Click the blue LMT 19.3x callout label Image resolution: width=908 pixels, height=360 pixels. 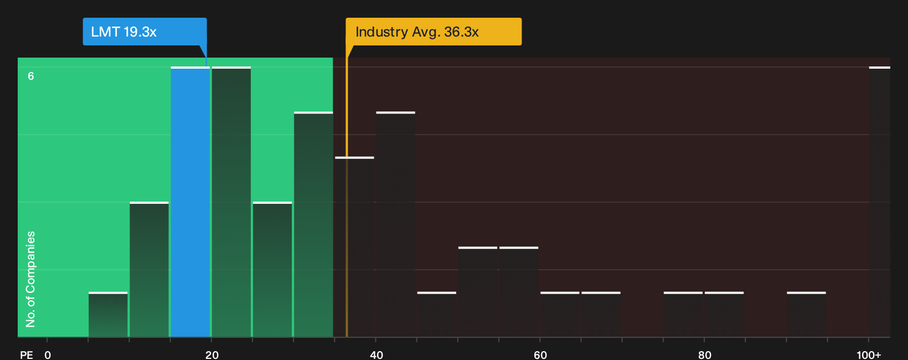point(145,32)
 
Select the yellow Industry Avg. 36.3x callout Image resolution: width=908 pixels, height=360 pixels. point(434,32)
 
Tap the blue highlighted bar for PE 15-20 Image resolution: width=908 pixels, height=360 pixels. point(190,202)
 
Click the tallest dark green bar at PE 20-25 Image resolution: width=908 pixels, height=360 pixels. point(231,202)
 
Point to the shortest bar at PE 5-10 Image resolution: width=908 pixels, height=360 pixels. point(108,314)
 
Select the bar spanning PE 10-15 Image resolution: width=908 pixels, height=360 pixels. point(149,269)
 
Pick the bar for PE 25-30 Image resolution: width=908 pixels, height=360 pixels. point(272,269)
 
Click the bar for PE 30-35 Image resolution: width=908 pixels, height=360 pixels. point(313,224)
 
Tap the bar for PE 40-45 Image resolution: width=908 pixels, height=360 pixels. point(396,224)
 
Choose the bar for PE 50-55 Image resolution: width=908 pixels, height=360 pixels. point(478,291)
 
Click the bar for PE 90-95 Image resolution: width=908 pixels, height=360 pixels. point(806,314)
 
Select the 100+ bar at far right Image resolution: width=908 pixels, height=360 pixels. point(880,202)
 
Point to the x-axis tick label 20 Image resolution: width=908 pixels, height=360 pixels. point(212,355)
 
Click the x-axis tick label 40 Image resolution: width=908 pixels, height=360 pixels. point(376,355)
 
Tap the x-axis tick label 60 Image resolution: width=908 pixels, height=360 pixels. point(540,355)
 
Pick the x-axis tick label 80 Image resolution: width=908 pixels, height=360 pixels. point(705,355)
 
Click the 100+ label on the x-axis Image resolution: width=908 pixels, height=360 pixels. point(869,355)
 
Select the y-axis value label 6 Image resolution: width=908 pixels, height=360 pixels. point(31,76)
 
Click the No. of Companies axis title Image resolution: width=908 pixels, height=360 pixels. point(30,279)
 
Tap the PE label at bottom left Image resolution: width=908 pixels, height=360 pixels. point(27,355)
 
